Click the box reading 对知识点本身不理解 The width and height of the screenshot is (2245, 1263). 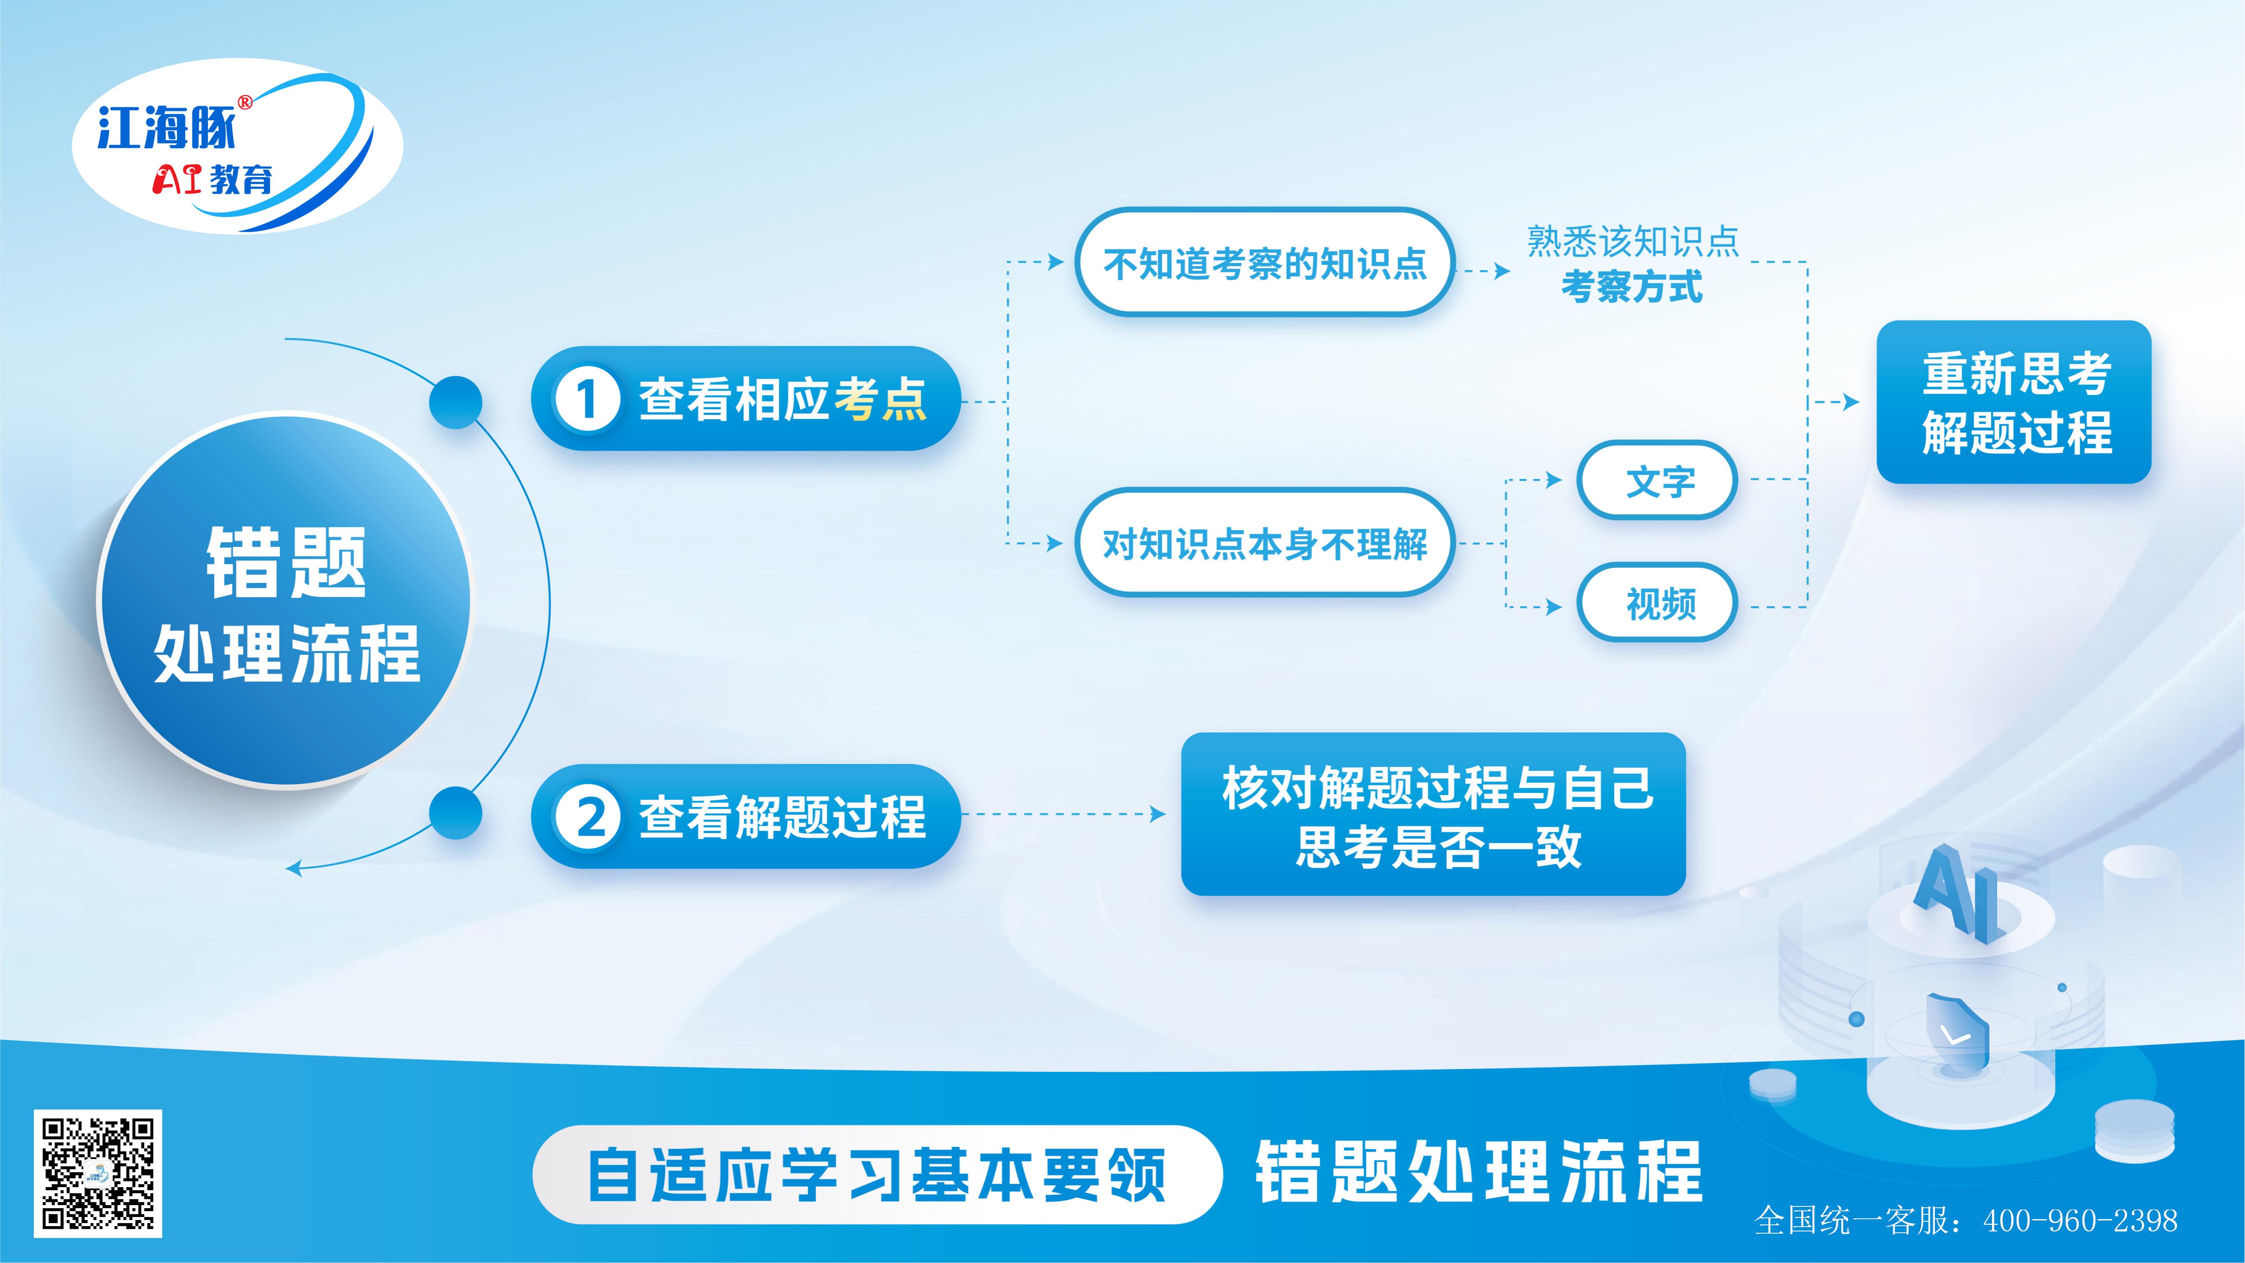1265,543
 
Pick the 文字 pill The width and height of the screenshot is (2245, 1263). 1657,480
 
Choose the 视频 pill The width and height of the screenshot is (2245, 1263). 1657,602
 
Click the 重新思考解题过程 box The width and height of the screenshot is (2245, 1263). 2014,402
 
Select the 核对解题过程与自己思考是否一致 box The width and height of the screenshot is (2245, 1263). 1434,814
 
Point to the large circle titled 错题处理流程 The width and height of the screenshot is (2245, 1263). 285,601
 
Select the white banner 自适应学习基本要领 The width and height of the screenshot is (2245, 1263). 876,1174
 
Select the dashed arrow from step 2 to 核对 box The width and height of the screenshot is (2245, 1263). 1063,814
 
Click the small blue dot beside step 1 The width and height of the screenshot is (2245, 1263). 456,402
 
